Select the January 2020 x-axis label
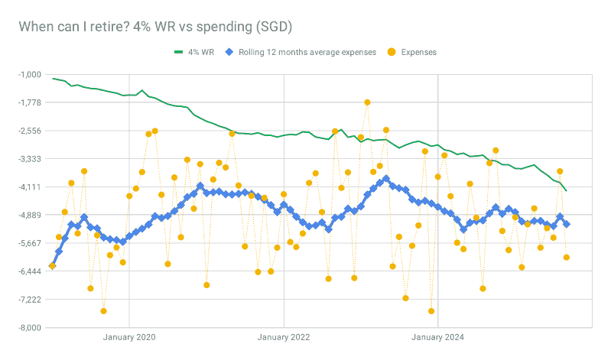coord(129,336)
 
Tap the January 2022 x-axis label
coord(284,336)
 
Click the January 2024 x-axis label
coord(437,336)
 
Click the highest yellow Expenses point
coord(367,102)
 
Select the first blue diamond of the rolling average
coord(52,265)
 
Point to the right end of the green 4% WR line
coord(566,190)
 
